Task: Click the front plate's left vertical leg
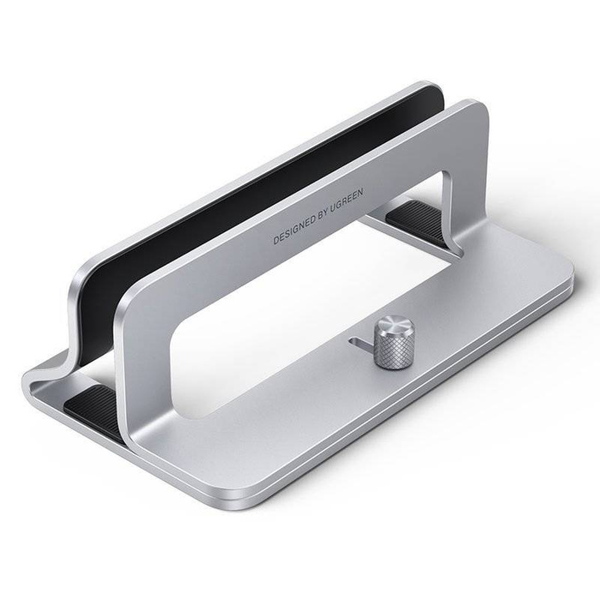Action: [146, 360]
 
